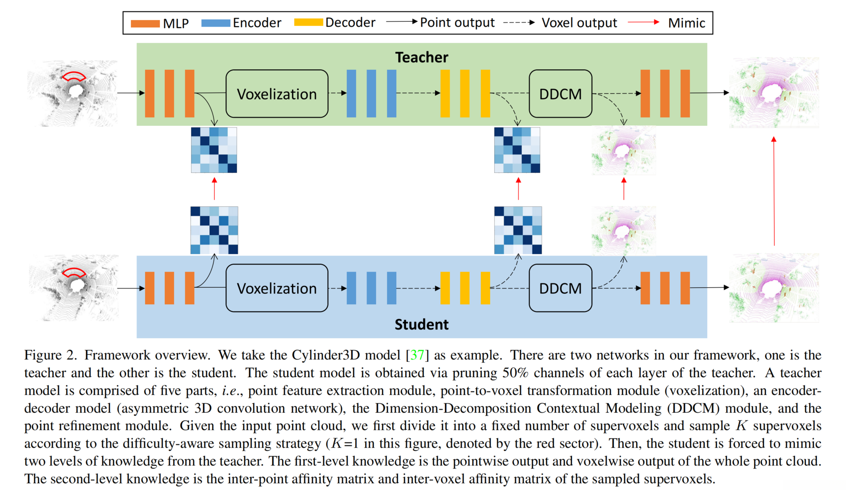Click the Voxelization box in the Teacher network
pos(277,94)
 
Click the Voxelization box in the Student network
pos(277,288)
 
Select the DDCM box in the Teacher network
pos(560,94)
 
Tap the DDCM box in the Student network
pos(560,288)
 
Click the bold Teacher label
pos(421,58)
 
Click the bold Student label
pos(421,324)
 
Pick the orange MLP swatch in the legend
pos(145,23)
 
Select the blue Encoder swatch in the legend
pos(215,23)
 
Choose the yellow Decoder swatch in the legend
pos(309,23)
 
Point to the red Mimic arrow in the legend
pos(643,22)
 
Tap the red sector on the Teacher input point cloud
pos(73,76)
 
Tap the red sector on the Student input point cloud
pos(74,272)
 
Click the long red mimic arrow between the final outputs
pos(774,191)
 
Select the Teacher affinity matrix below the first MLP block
pos(214,150)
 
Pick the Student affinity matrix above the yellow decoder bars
pos(518,230)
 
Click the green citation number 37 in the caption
pos(417,355)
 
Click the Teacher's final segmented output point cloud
pos(774,93)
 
